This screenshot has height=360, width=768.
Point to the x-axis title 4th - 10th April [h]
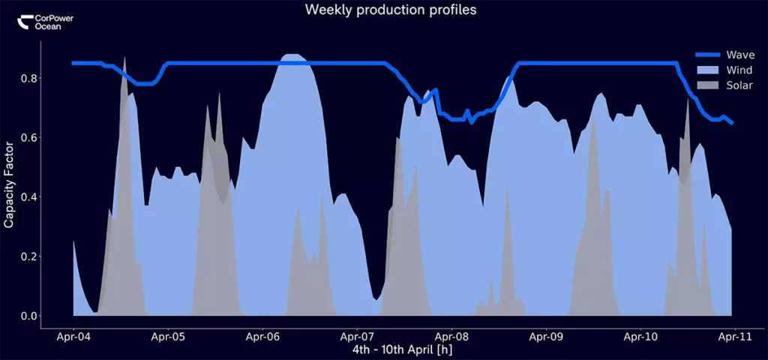click(x=402, y=350)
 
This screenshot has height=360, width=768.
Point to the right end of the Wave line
click(x=732, y=122)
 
